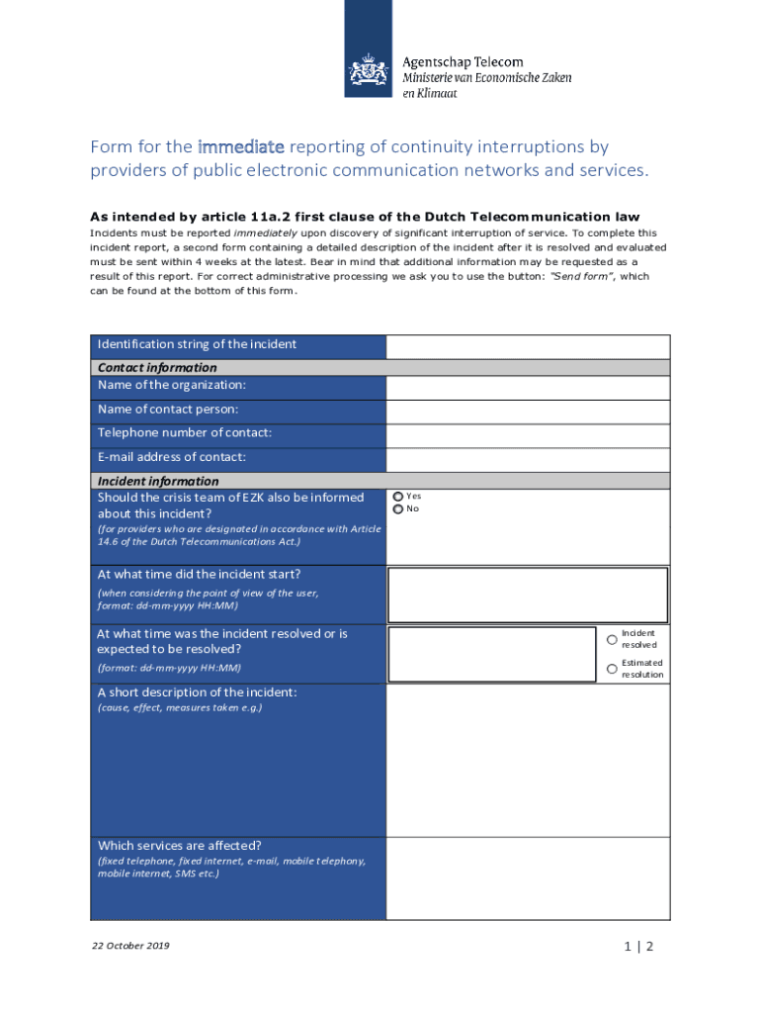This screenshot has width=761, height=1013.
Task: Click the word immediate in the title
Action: pyautogui.click(x=241, y=147)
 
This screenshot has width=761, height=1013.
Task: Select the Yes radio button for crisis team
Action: pyautogui.click(x=398, y=497)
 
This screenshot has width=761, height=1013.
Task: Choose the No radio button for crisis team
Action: pyautogui.click(x=398, y=509)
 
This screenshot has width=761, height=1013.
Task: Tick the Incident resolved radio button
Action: pyautogui.click(x=612, y=639)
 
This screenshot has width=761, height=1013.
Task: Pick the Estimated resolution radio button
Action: pyautogui.click(x=612, y=669)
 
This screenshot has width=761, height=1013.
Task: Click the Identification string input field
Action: pyautogui.click(x=528, y=346)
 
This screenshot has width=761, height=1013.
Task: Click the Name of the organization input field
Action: pyautogui.click(x=528, y=387)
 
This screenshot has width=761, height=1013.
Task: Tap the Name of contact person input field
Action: pyautogui.click(x=528, y=412)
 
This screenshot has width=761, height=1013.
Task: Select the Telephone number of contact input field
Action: pyautogui.click(x=528, y=435)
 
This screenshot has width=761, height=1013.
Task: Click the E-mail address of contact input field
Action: pyautogui.click(x=528, y=459)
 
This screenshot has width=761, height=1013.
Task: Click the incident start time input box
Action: pyautogui.click(x=528, y=594)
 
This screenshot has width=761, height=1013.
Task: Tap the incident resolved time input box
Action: pyautogui.click(x=492, y=653)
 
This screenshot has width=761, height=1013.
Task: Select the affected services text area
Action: pyautogui.click(x=528, y=878)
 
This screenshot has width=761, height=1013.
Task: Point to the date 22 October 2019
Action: pyautogui.click(x=130, y=947)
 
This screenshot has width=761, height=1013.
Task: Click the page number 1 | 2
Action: pyautogui.click(x=638, y=947)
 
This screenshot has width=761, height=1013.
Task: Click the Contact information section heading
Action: pyautogui.click(x=157, y=368)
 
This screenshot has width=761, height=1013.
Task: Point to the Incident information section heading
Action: pyautogui.click(x=158, y=482)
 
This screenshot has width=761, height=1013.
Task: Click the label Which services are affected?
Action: pyautogui.click(x=179, y=846)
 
